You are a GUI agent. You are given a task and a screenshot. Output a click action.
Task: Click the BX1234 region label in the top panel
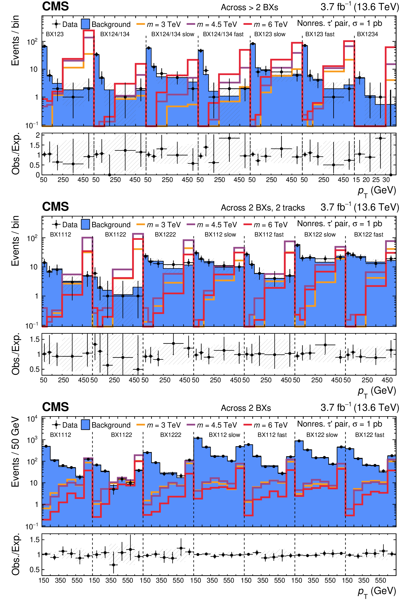tap(367, 34)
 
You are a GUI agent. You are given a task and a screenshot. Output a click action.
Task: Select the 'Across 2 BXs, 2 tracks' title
tap(263, 208)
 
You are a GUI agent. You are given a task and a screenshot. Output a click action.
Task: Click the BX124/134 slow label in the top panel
tap(173, 34)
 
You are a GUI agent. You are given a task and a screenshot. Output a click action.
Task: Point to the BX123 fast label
tap(320, 34)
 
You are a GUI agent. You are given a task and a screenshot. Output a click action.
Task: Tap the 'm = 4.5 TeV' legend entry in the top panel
tap(212, 25)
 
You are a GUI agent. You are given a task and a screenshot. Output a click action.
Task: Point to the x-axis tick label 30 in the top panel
tap(386, 180)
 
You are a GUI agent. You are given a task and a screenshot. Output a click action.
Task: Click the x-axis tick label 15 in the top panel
tap(356, 180)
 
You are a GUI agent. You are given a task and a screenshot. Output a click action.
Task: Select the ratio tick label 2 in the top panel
tap(38, 135)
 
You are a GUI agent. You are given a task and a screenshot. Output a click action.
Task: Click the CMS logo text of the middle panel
tap(55, 207)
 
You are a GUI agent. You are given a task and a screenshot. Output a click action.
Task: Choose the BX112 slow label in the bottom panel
tap(224, 435)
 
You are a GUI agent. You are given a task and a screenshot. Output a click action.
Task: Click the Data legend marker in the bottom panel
tap(56, 425)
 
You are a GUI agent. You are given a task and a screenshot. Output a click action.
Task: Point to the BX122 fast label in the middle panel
tap(368, 235)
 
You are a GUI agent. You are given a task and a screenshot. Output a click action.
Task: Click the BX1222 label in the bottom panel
tap(170, 435)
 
